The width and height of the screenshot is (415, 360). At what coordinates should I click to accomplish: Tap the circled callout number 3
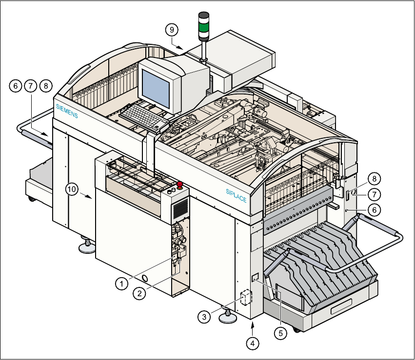tap(204, 317)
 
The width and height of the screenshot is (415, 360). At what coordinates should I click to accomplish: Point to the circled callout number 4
tap(252, 343)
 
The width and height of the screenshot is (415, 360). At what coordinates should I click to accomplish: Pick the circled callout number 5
tap(280, 333)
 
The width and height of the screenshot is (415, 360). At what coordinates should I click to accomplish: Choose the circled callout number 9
tap(171, 30)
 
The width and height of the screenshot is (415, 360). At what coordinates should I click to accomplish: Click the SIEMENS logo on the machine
tap(67, 111)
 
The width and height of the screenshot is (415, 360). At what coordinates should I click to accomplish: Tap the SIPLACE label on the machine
tap(237, 195)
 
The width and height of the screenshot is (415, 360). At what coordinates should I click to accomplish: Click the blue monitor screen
tap(157, 83)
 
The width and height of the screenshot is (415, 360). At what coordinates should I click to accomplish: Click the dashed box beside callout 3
tap(245, 298)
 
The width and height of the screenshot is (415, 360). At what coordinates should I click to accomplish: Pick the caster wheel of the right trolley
tap(296, 330)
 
